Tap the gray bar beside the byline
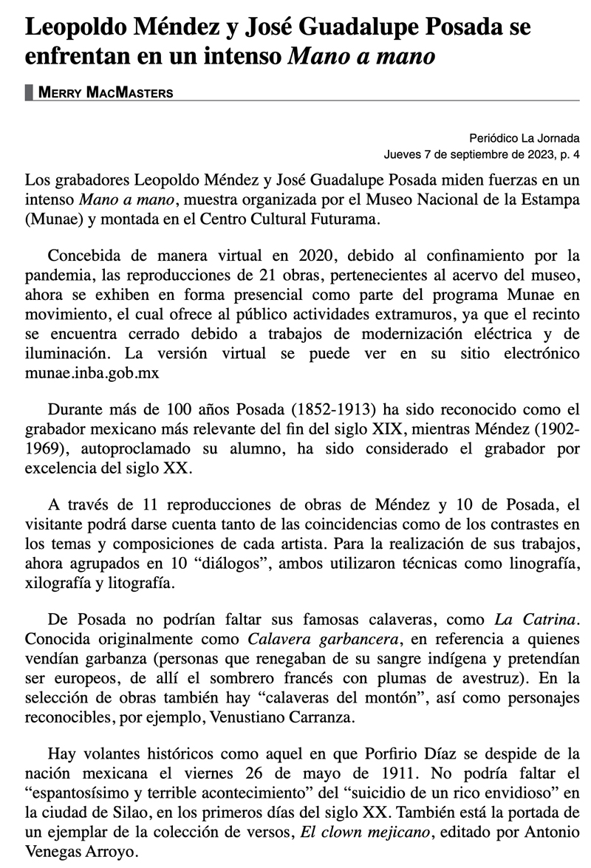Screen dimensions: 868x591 [29, 92]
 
